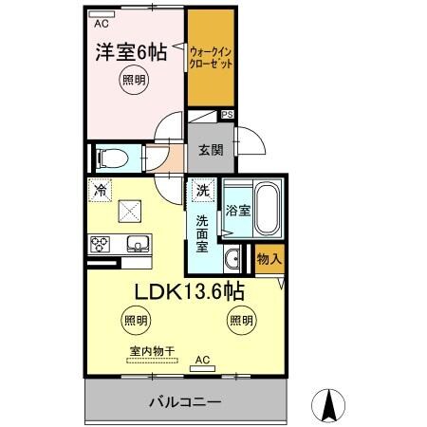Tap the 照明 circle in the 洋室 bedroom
(x=134, y=83)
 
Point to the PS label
(x=227, y=116)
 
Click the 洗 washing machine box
(x=201, y=191)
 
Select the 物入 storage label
(x=269, y=257)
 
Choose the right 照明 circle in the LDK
(x=239, y=321)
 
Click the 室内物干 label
(x=152, y=351)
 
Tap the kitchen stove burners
(x=101, y=244)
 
